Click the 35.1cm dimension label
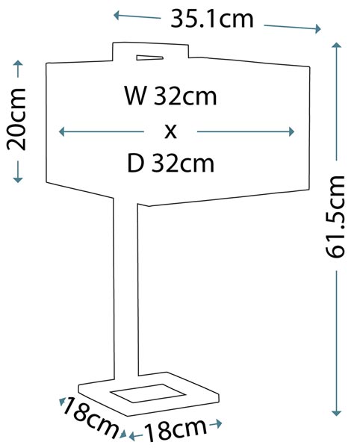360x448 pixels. click(x=211, y=19)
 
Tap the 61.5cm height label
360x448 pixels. click(x=335, y=217)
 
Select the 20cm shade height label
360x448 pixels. click(x=16, y=119)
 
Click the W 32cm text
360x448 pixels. click(x=170, y=96)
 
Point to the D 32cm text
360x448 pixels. click(x=170, y=164)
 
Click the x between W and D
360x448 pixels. click(x=170, y=131)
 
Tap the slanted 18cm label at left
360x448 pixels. click(x=89, y=417)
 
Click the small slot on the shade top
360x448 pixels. click(x=149, y=58)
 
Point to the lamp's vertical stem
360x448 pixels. click(x=125, y=288)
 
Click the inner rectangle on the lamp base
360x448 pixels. click(x=148, y=393)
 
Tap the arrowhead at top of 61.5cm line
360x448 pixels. click(x=337, y=45)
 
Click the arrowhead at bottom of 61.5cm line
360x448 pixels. click(x=337, y=413)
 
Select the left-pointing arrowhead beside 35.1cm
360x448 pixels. click(x=117, y=15)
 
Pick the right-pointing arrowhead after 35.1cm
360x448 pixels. click(x=317, y=28)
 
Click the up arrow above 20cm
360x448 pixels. click(x=18, y=69)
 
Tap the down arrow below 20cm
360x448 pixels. click(x=18, y=172)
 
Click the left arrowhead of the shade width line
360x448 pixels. click(x=62, y=131)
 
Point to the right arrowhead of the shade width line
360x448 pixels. click(x=291, y=131)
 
